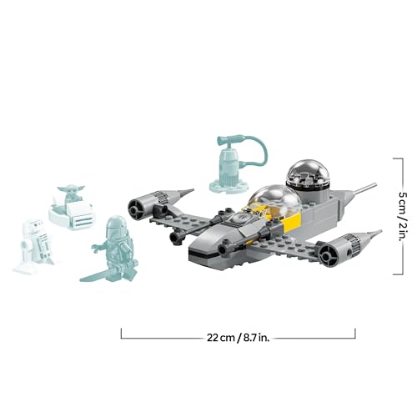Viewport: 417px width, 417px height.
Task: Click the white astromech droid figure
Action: [x=34, y=245]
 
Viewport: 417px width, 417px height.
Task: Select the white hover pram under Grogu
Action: [x=73, y=218]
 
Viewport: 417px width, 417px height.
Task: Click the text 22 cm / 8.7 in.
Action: [x=239, y=337]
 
